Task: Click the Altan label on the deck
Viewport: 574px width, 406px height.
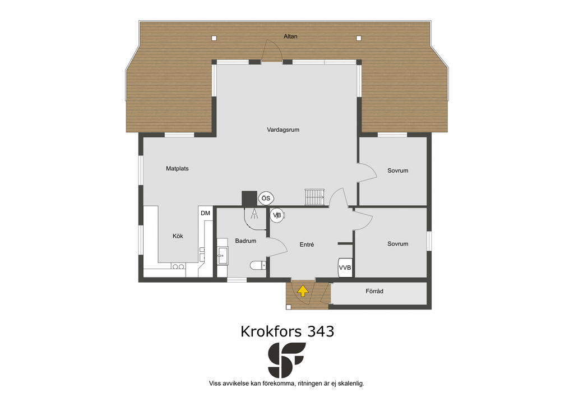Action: tap(290, 36)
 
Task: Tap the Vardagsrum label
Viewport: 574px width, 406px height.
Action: tap(283, 130)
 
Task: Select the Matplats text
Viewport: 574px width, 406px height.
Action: tap(177, 168)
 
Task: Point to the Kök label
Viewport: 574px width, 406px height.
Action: tap(178, 236)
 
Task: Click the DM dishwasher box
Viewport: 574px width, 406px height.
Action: tap(205, 213)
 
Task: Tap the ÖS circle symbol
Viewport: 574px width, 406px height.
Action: tap(266, 199)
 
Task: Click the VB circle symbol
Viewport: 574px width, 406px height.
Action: tap(277, 215)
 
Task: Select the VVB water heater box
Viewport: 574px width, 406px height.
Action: tap(345, 267)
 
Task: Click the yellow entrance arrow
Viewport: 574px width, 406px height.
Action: tap(303, 290)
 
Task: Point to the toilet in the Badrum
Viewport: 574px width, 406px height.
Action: tap(258, 265)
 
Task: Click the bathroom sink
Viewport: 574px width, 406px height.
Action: tap(222, 256)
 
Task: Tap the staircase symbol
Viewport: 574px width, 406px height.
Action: tap(314, 197)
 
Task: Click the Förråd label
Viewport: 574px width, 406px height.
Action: tap(374, 291)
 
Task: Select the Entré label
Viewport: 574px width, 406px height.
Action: tap(307, 244)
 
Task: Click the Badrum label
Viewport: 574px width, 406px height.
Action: tap(246, 241)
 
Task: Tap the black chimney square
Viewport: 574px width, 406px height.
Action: tap(249, 199)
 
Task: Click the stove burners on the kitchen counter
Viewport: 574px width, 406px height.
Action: tap(178, 267)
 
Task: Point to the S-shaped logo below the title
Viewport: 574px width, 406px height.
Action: tap(287, 360)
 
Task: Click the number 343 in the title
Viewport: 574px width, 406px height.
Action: tap(320, 331)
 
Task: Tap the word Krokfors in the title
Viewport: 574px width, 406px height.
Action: tap(271, 331)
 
